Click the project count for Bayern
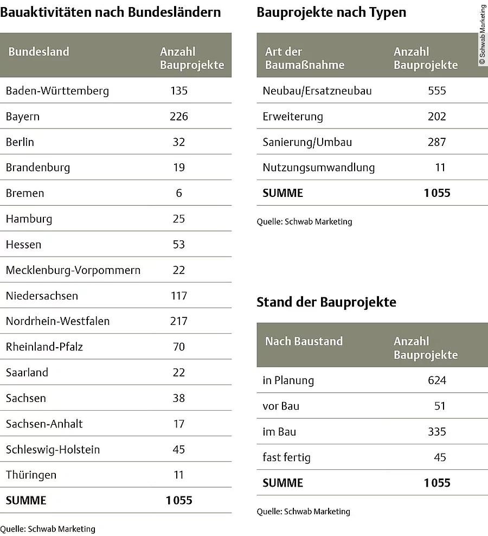pyautogui.click(x=179, y=117)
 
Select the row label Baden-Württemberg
pyautogui.click(x=57, y=91)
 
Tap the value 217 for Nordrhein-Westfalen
pyautogui.click(x=179, y=321)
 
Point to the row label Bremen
pyautogui.click(x=25, y=193)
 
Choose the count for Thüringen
pyautogui.click(x=179, y=475)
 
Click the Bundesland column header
pyautogui.click(x=38, y=52)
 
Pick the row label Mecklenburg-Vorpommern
pyautogui.click(x=73, y=270)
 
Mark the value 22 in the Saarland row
pyautogui.click(x=179, y=372)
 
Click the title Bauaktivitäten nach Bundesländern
pyautogui.click(x=111, y=12)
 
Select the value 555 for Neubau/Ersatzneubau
pyautogui.click(x=436, y=91)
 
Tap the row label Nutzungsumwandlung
pyautogui.click(x=319, y=168)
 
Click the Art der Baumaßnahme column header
pyautogui.click(x=305, y=59)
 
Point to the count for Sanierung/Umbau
pyautogui.click(x=436, y=142)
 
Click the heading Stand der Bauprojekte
pyautogui.click(x=326, y=302)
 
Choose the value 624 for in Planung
pyautogui.click(x=436, y=380)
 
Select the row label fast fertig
pyautogui.click(x=287, y=457)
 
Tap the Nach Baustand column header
pyautogui.click(x=304, y=341)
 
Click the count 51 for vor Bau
pyautogui.click(x=440, y=406)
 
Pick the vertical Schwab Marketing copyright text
pyautogui.click(x=483, y=35)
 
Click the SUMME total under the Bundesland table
pyautogui.click(x=179, y=500)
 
